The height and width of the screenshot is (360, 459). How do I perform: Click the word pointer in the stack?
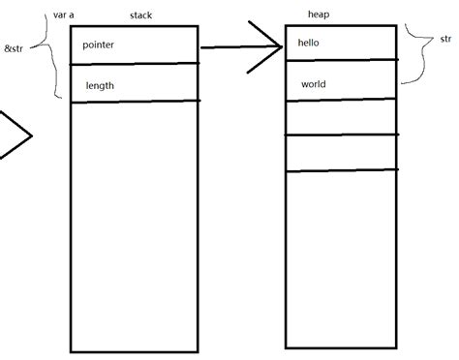(101, 45)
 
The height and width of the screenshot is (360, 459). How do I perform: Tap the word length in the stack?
(101, 86)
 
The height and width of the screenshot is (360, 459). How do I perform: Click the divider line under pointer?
(136, 64)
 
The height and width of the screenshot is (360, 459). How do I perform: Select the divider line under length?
(136, 101)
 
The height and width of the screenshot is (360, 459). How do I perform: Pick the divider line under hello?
(341, 59)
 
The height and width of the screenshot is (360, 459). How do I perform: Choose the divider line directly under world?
(341, 99)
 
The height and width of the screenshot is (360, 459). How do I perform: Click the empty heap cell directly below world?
(341, 116)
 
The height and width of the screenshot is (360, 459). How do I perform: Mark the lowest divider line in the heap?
(341, 171)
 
